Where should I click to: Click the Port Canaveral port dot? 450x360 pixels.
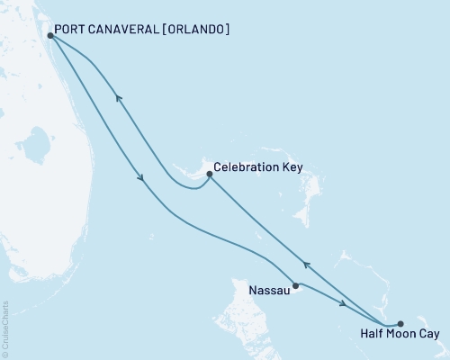(49, 36)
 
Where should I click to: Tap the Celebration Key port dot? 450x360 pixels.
(209, 174)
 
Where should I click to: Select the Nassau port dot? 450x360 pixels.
(295, 285)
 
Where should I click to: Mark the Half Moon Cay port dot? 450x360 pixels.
(400, 323)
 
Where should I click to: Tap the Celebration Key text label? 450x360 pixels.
(256, 168)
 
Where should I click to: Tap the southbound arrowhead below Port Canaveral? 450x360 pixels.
(141, 178)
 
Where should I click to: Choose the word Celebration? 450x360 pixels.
(245, 168)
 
